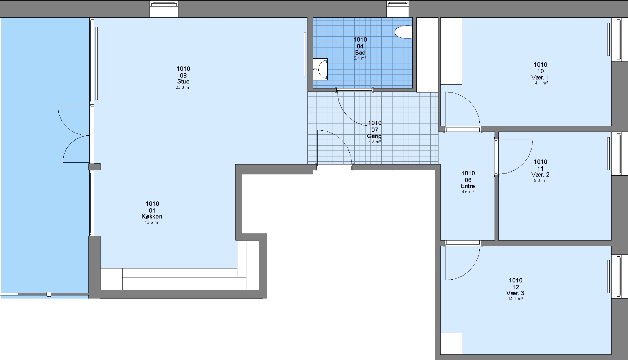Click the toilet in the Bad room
[x=404, y=32]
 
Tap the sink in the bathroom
[x=320, y=69]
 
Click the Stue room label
[x=183, y=82]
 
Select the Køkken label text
[x=152, y=217]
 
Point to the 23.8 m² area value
[x=183, y=87]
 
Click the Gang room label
[x=374, y=136]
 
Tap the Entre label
[x=468, y=186]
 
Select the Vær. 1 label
[x=540, y=77]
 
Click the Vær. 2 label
[x=540, y=174]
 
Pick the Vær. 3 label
[x=515, y=293]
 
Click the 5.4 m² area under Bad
[x=360, y=58]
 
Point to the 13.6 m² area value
[x=152, y=222]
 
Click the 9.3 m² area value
[x=540, y=180]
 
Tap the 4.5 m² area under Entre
[x=468, y=192]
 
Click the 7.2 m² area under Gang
[x=374, y=142]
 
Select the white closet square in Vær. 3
[x=451, y=343]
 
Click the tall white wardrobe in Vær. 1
[x=451, y=51]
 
